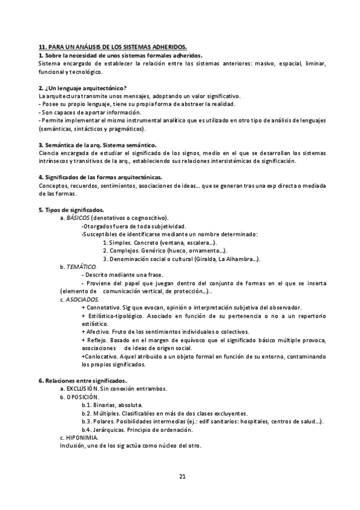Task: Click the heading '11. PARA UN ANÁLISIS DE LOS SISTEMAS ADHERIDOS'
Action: [113, 47]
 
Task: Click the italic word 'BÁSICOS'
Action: [77, 217]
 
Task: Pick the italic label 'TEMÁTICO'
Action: [81, 266]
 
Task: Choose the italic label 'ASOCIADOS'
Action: [82, 299]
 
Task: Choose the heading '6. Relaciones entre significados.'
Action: [82, 381]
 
